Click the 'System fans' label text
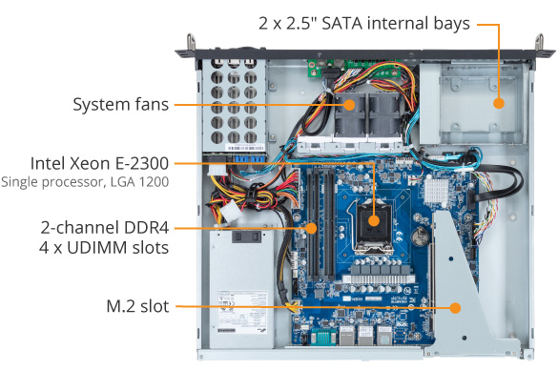pos(120,105)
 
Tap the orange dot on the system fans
pos(349,105)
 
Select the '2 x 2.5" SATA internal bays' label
pos(364,24)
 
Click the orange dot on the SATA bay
pos(499,103)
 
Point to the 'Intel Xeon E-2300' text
pos(99,164)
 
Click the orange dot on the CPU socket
pos(374,220)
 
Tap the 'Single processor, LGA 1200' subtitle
pos(85,182)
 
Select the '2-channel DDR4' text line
pos(105,228)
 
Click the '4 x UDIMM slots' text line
pos(104,248)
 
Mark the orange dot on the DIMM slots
pos(311,228)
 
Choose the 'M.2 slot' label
pos(137,306)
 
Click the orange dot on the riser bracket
pos(455,308)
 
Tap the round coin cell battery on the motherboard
pos(421,237)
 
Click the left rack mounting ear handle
pos(192,42)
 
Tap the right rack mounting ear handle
pos(540,43)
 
